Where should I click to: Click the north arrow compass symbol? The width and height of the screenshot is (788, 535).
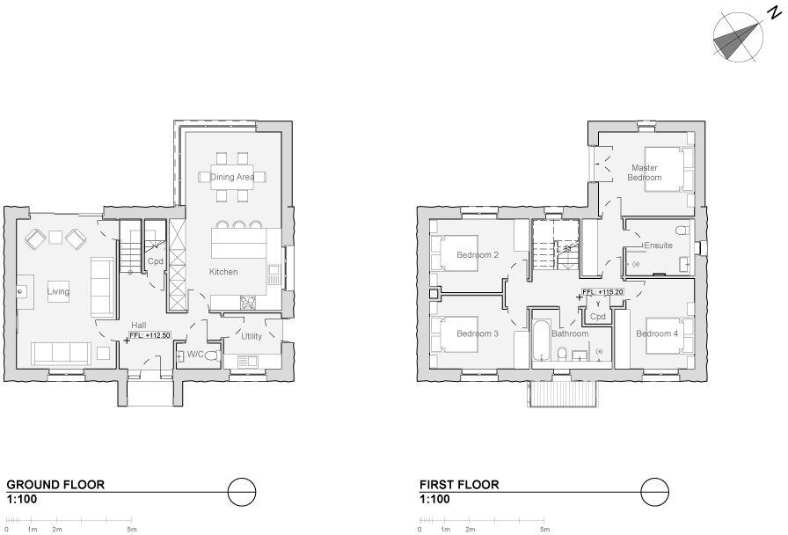click(x=737, y=38)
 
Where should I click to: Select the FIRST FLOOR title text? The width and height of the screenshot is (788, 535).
click(x=459, y=485)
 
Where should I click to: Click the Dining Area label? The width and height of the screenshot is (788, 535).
click(x=232, y=178)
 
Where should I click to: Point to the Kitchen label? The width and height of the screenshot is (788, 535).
click(x=223, y=272)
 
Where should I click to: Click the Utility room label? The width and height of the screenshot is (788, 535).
click(x=252, y=336)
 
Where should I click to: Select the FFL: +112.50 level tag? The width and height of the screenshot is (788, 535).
click(x=150, y=335)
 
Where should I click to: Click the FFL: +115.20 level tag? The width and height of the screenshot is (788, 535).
click(x=602, y=292)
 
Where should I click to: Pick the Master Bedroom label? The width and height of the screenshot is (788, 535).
click(x=644, y=172)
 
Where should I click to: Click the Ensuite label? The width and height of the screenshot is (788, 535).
click(x=658, y=246)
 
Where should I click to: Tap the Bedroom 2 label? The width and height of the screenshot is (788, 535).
click(x=478, y=255)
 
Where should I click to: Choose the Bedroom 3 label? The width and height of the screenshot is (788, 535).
click(x=478, y=333)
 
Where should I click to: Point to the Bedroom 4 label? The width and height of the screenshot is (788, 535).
click(x=657, y=333)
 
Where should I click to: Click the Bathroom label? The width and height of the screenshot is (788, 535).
click(x=570, y=333)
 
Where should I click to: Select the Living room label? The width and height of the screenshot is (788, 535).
click(x=58, y=291)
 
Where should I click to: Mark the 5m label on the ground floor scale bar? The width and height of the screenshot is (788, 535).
click(x=131, y=530)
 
